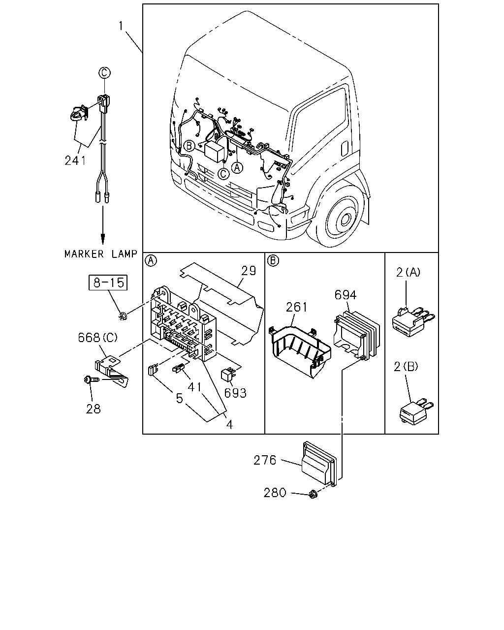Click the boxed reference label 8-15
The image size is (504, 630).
click(108, 283)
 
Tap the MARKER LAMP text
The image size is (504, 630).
click(101, 254)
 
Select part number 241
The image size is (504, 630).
click(75, 161)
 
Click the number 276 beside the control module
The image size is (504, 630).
click(265, 460)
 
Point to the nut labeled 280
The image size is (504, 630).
click(313, 494)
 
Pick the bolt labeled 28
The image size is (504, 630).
click(91, 379)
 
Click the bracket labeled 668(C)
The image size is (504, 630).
click(111, 370)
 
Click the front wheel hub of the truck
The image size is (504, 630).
click(346, 219)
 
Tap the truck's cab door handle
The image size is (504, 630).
click(345, 149)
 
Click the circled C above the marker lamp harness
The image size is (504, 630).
click(104, 73)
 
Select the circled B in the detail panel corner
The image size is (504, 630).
click(273, 260)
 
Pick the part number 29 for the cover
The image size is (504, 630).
click(249, 271)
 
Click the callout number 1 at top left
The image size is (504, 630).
click(121, 26)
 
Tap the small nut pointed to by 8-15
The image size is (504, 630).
click(122, 316)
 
